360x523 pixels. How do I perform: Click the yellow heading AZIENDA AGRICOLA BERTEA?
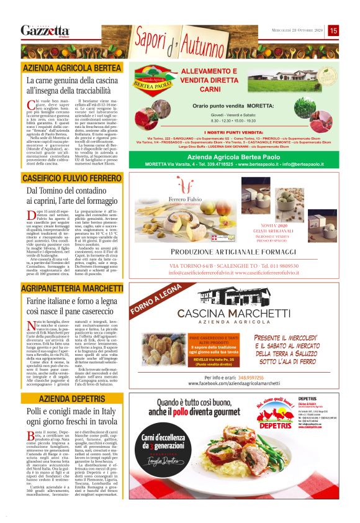(72, 67)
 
